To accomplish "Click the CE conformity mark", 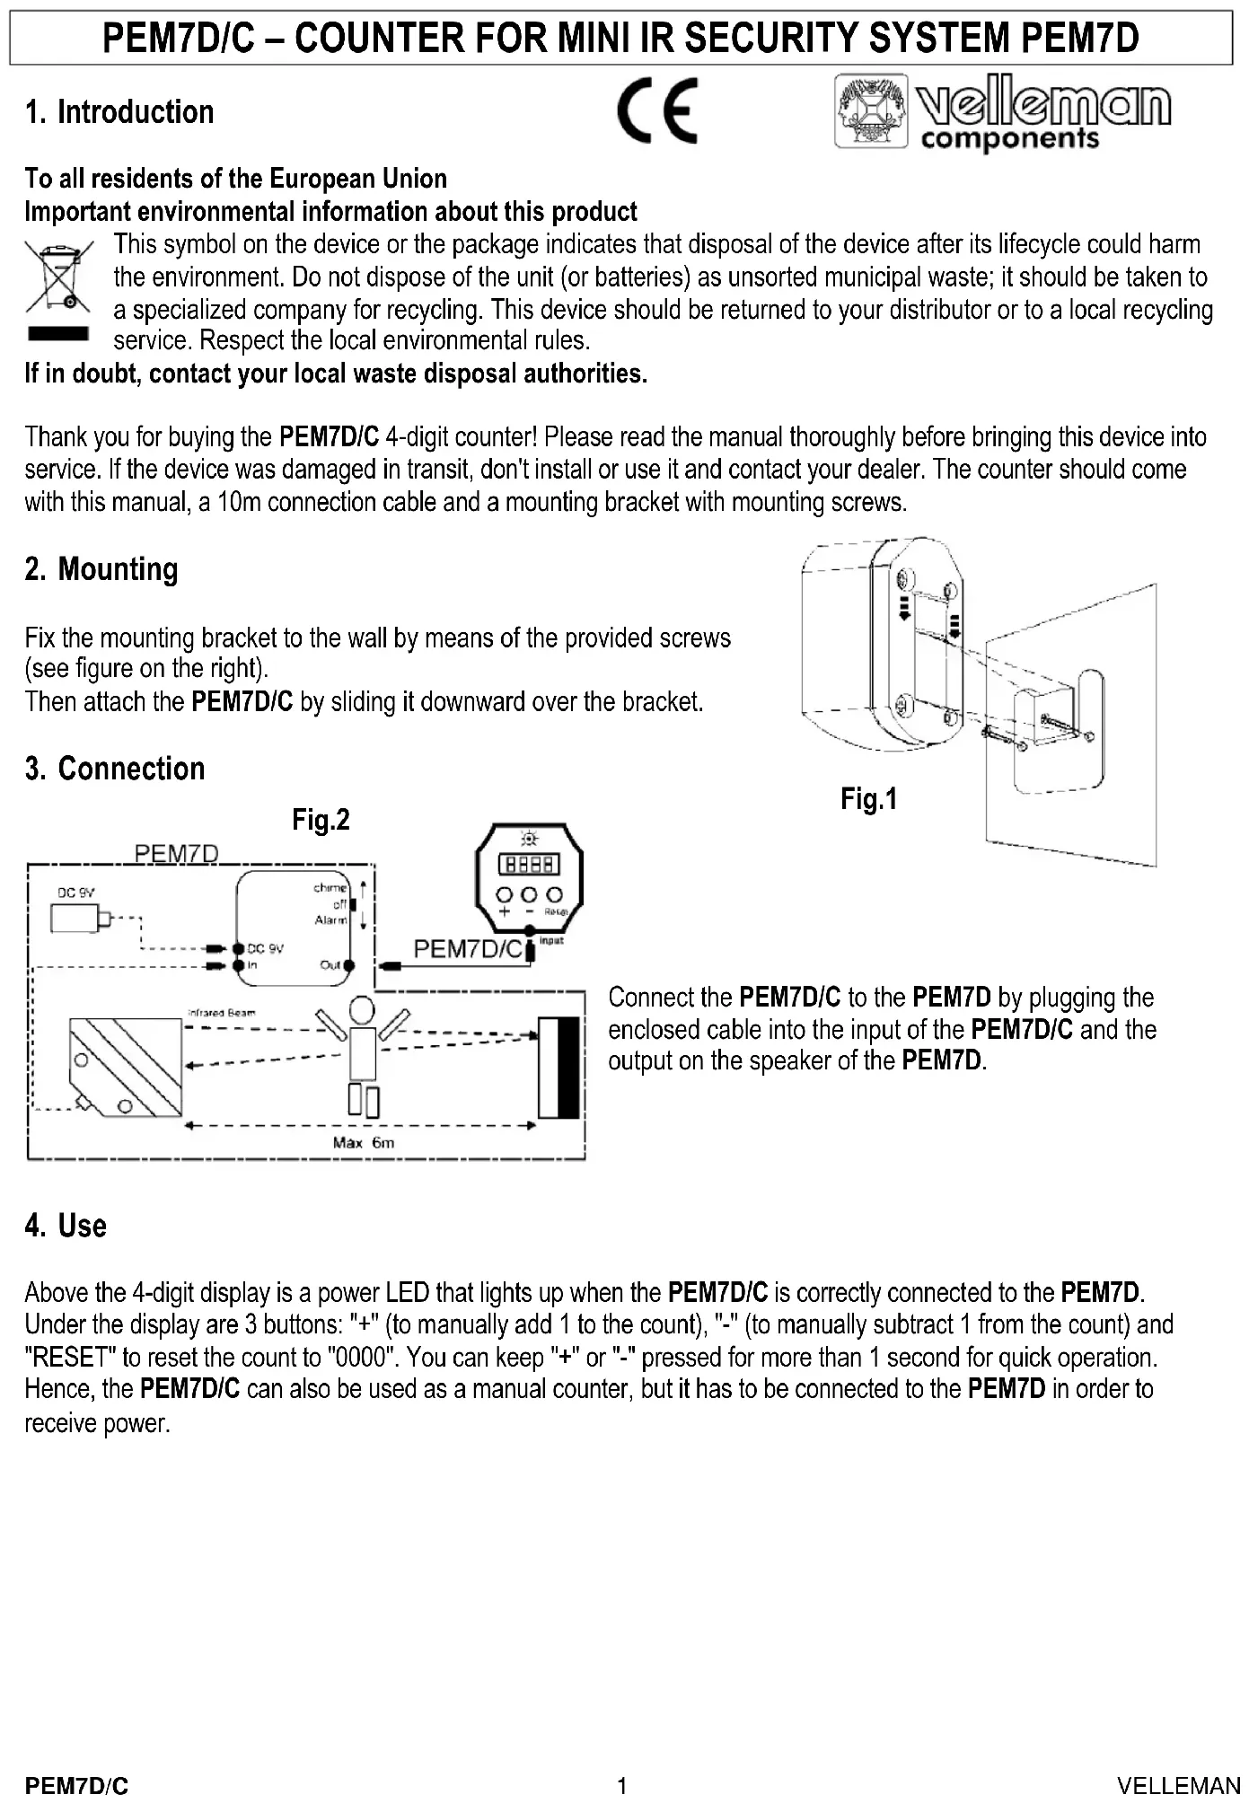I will (656, 111).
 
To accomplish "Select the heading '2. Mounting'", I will (101, 569).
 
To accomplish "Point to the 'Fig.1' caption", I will (868, 798).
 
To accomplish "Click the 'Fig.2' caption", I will (321, 819).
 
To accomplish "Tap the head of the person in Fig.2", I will (361, 1010).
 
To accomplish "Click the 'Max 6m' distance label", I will (363, 1142).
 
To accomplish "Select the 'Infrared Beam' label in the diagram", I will (221, 1012).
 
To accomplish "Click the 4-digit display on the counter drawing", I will (530, 864).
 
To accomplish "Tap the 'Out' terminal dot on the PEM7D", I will (348, 966).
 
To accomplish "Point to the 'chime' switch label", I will (330, 887).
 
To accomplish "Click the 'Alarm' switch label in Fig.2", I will (330, 919).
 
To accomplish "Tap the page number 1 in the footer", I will (621, 1785).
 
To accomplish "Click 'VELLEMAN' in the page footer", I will (1178, 1785).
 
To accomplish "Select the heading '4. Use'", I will (66, 1226).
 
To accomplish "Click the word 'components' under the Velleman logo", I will (1009, 139).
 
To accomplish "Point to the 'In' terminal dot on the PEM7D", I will (239, 965).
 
